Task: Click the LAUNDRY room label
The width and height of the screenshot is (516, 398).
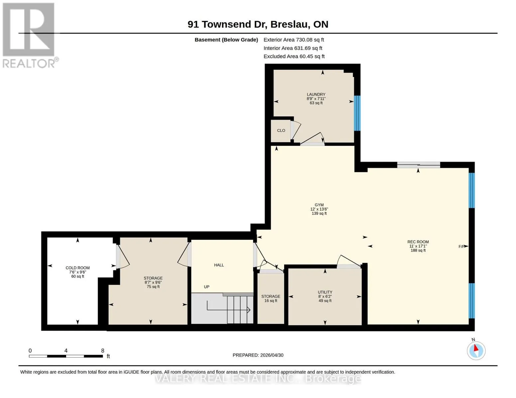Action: pyautogui.click(x=316, y=94)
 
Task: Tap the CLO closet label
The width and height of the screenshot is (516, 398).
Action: pyautogui.click(x=281, y=131)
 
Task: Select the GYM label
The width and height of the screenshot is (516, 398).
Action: pyautogui.click(x=319, y=205)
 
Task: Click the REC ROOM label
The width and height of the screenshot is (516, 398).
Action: pyautogui.click(x=418, y=242)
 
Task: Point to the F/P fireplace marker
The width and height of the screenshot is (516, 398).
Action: pyautogui.click(x=462, y=246)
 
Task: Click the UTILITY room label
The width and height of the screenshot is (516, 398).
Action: pyautogui.click(x=325, y=292)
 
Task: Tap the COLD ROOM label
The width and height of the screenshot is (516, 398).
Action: pyautogui.click(x=78, y=268)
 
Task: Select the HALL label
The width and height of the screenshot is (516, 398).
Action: pyautogui.click(x=219, y=265)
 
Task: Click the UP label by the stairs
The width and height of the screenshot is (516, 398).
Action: pyautogui.click(x=207, y=287)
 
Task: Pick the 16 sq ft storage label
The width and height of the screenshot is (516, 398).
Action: pyautogui.click(x=271, y=301)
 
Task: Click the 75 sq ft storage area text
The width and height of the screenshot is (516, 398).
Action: pyautogui.click(x=153, y=287)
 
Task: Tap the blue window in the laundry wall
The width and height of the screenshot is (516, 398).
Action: pyautogui.click(x=357, y=113)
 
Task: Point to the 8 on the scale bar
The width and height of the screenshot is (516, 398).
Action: pyautogui.click(x=103, y=351)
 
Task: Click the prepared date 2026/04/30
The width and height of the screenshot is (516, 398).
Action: pyautogui.click(x=272, y=355)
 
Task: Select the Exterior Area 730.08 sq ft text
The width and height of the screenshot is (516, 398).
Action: pyautogui.click(x=294, y=40)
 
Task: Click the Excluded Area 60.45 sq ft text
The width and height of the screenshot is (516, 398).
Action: pyautogui.click(x=294, y=56)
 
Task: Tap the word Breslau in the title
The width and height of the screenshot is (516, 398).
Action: pyautogui.click(x=290, y=24)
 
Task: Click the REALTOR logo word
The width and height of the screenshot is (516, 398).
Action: pyautogui.click(x=29, y=64)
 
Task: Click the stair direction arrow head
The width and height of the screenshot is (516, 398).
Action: pyautogui.click(x=249, y=310)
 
